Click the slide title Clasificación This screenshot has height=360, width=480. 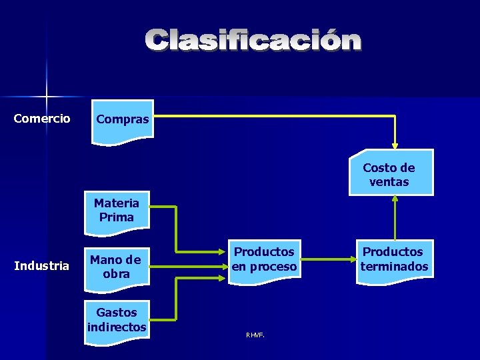pos(254,41)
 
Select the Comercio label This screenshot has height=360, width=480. pos(42,119)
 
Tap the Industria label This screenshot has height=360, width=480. pos(42,266)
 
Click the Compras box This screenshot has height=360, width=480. pos(123,120)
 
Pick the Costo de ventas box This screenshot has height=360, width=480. pos(391,173)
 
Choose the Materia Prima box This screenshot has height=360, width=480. pos(117,212)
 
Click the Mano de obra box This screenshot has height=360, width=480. pos(115,267)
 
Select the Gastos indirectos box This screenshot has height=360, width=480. pos(117,321)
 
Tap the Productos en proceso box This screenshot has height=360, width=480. pos(264,260)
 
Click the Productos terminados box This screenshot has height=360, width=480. pos(394,260)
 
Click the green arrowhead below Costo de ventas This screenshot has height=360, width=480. pos(395,200)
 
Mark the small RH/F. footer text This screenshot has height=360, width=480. pos(255,335)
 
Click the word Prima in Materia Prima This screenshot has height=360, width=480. pos(117,217)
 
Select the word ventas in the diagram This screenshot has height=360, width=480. pos(389,181)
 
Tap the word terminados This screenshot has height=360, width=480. pos(394,267)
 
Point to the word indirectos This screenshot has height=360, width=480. pos(117,327)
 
